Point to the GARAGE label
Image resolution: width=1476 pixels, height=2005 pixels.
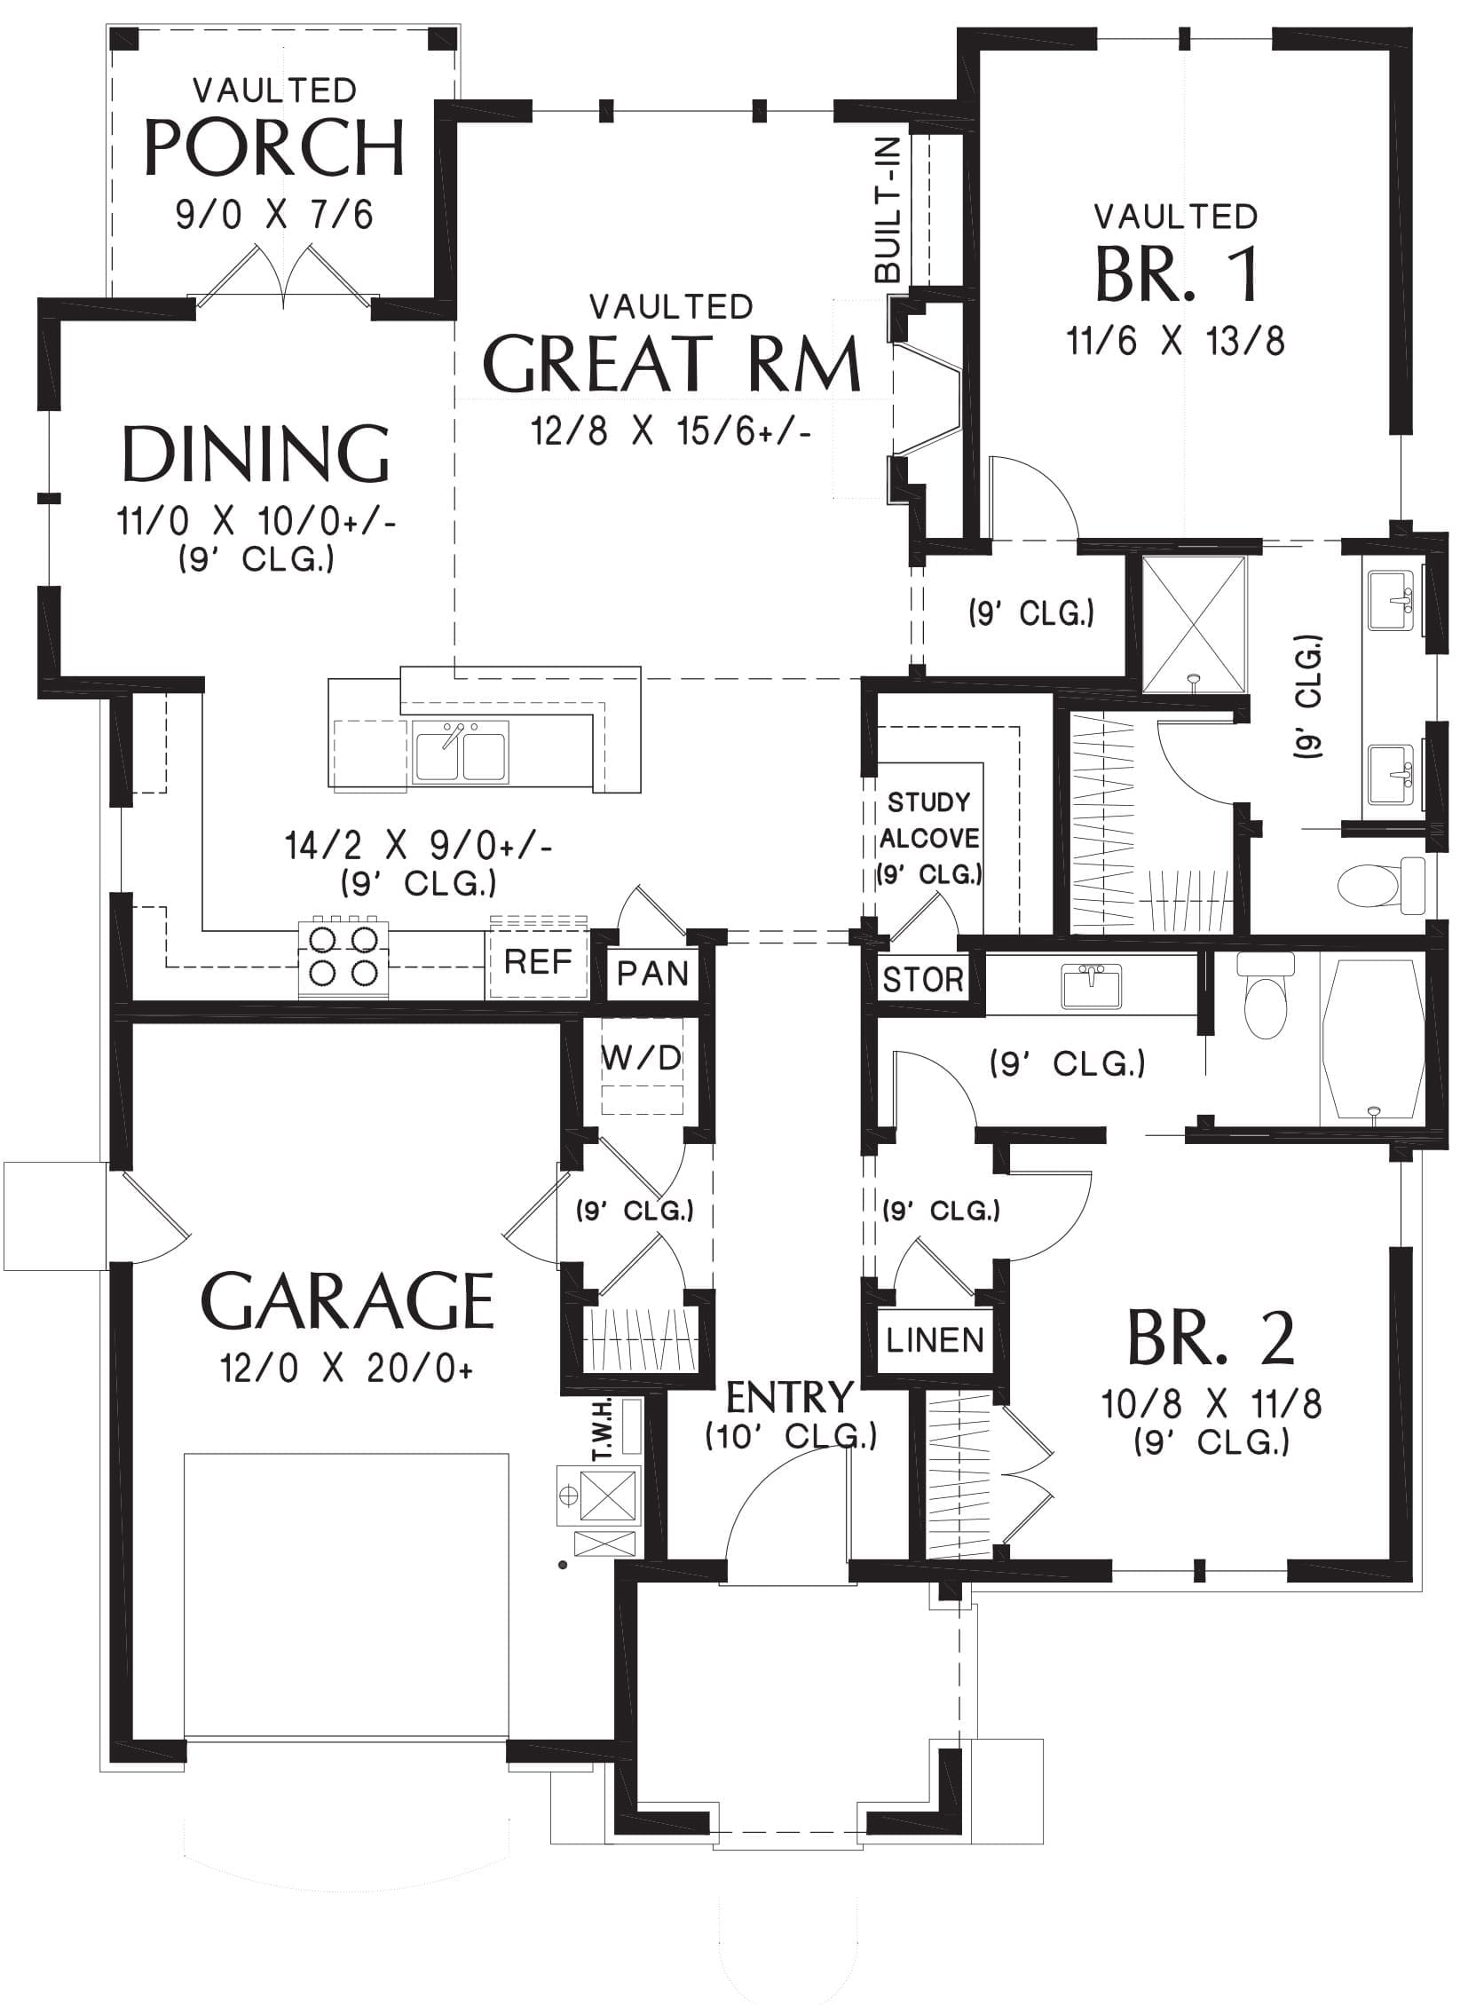point(349,1301)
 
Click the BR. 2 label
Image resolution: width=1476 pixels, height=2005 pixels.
point(1211,1338)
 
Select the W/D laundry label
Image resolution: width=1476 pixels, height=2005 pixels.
point(642,1059)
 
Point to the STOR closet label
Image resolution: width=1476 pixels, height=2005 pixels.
point(923,980)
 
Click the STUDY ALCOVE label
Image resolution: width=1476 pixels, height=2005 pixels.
point(929,820)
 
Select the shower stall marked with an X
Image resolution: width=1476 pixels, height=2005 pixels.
point(1195,625)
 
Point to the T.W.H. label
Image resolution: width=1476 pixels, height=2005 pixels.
point(601,1430)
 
